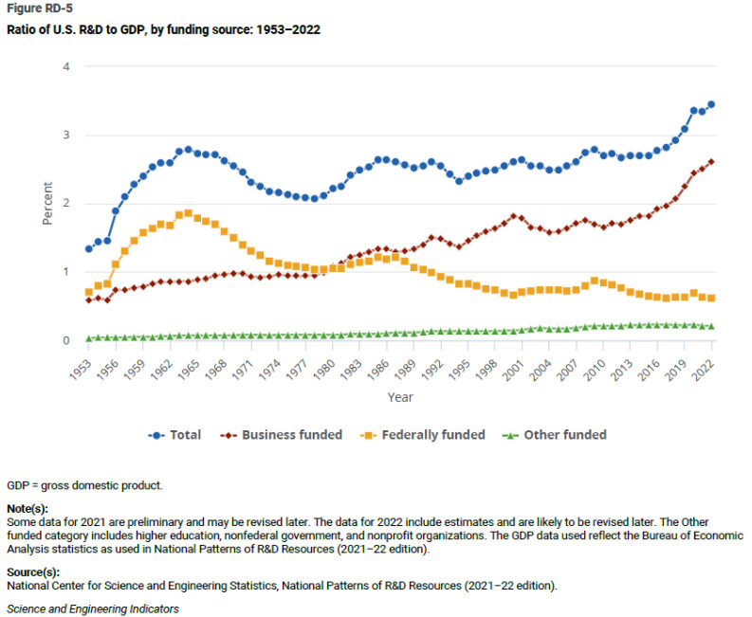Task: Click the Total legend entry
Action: (x=175, y=435)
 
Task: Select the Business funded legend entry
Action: (x=283, y=435)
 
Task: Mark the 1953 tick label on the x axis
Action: (x=84, y=368)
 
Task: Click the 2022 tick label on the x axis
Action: (x=706, y=368)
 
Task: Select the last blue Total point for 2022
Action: (x=711, y=104)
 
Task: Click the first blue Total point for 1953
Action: (x=88, y=248)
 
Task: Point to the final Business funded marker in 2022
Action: (x=711, y=162)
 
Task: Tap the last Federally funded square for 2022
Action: (x=711, y=298)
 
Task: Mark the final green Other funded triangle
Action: (x=711, y=326)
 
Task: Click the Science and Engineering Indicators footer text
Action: (x=93, y=608)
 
